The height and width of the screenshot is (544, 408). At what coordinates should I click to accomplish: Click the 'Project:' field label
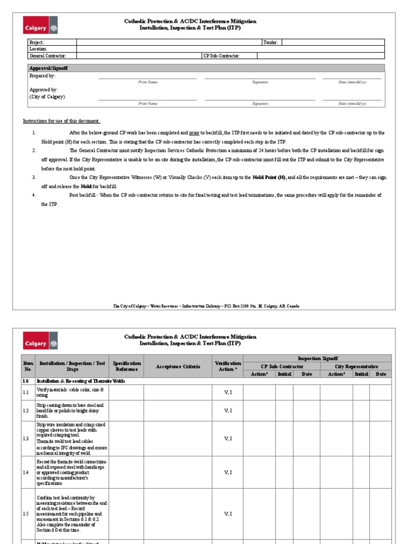click(x=37, y=42)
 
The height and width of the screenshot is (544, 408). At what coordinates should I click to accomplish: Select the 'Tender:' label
click(x=270, y=42)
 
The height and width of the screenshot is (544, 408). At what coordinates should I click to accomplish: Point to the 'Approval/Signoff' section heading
click(x=48, y=69)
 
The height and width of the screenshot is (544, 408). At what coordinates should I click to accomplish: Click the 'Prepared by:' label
click(x=42, y=76)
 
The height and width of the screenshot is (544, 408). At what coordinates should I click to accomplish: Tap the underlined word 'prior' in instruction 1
click(x=194, y=133)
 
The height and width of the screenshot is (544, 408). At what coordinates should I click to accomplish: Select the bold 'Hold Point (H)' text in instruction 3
click(x=269, y=177)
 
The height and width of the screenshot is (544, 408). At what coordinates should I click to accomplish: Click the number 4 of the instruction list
click(x=33, y=195)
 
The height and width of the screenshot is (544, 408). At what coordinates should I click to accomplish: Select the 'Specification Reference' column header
click(x=126, y=366)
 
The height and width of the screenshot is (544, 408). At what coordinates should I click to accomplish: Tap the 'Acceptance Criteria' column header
click(x=178, y=367)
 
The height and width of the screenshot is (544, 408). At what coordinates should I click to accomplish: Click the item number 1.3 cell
click(x=25, y=438)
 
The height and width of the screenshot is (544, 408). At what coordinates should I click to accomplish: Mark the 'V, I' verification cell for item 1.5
click(x=228, y=514)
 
